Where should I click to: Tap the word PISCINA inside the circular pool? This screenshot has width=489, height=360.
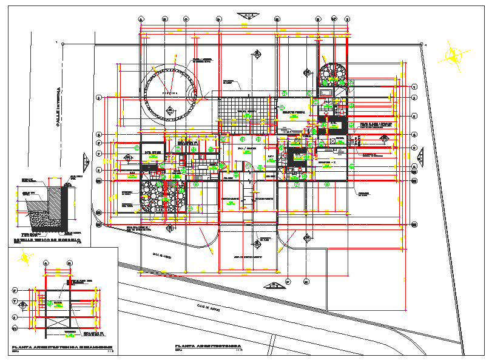170,93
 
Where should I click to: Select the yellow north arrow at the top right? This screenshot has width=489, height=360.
453,56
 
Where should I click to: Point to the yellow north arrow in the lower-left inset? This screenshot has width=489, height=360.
26,257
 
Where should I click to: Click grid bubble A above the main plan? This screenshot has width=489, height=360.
141,19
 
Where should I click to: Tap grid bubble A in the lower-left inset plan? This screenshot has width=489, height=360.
46,263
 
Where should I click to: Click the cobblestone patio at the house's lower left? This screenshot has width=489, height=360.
160,195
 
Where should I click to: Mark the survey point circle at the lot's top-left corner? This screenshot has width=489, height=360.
62,43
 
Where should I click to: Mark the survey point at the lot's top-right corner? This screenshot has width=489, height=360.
423,43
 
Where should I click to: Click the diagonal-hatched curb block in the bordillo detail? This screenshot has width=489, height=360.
65,206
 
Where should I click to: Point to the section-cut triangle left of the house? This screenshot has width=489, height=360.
84,161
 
